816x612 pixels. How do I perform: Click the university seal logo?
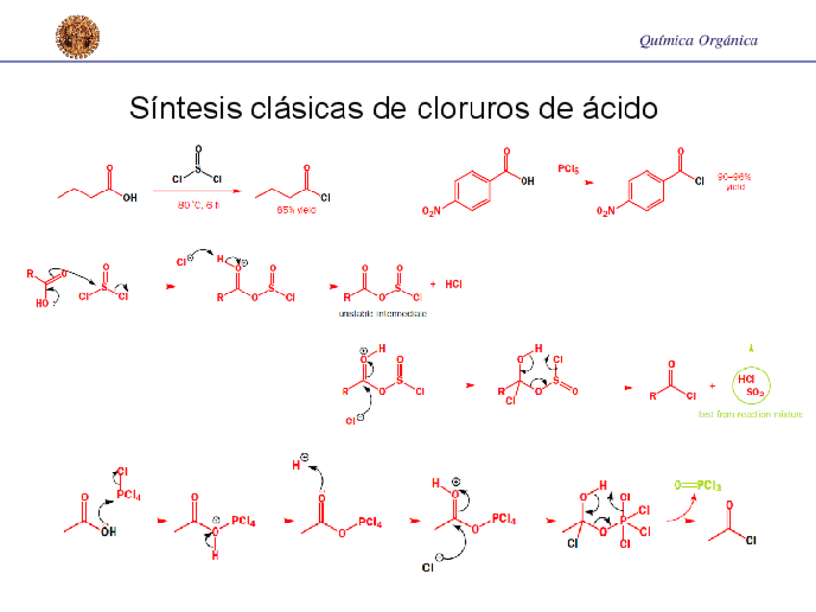coord(77,36)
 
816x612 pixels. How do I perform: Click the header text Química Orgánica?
coord(698,40)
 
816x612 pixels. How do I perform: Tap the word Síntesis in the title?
coord(183,109)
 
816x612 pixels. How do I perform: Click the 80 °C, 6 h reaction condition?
coord(198,205)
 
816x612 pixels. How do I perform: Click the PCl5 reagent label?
coord(569,169)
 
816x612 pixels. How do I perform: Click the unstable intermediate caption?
coord(382,314)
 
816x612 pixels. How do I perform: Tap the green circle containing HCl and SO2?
coord(750,386)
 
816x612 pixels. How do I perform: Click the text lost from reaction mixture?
coord(751,415)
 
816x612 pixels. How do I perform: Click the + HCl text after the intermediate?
coord(446,284)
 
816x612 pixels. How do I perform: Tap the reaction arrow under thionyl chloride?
coord(197,191)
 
